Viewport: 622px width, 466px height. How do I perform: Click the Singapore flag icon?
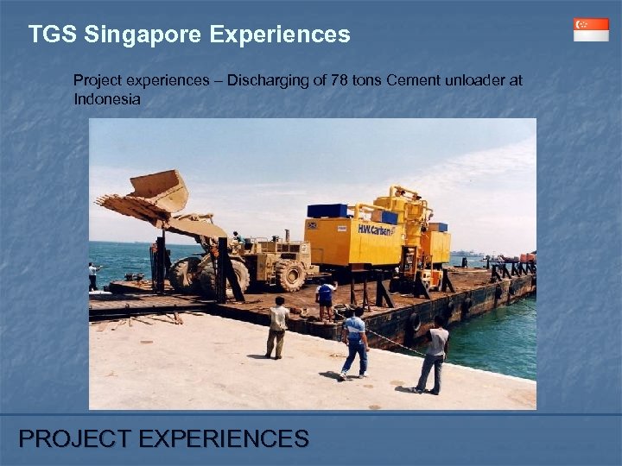click(591, 29)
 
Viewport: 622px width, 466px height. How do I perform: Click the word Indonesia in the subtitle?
click(107, 98)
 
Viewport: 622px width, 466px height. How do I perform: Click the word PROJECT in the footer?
click(71, 439)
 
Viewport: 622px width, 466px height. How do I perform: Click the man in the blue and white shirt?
click(354, 342)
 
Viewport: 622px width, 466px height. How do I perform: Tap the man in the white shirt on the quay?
click(277, 326)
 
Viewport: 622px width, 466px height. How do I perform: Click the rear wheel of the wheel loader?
click(289, 274)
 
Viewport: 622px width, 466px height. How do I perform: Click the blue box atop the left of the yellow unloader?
click(328, 211)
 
